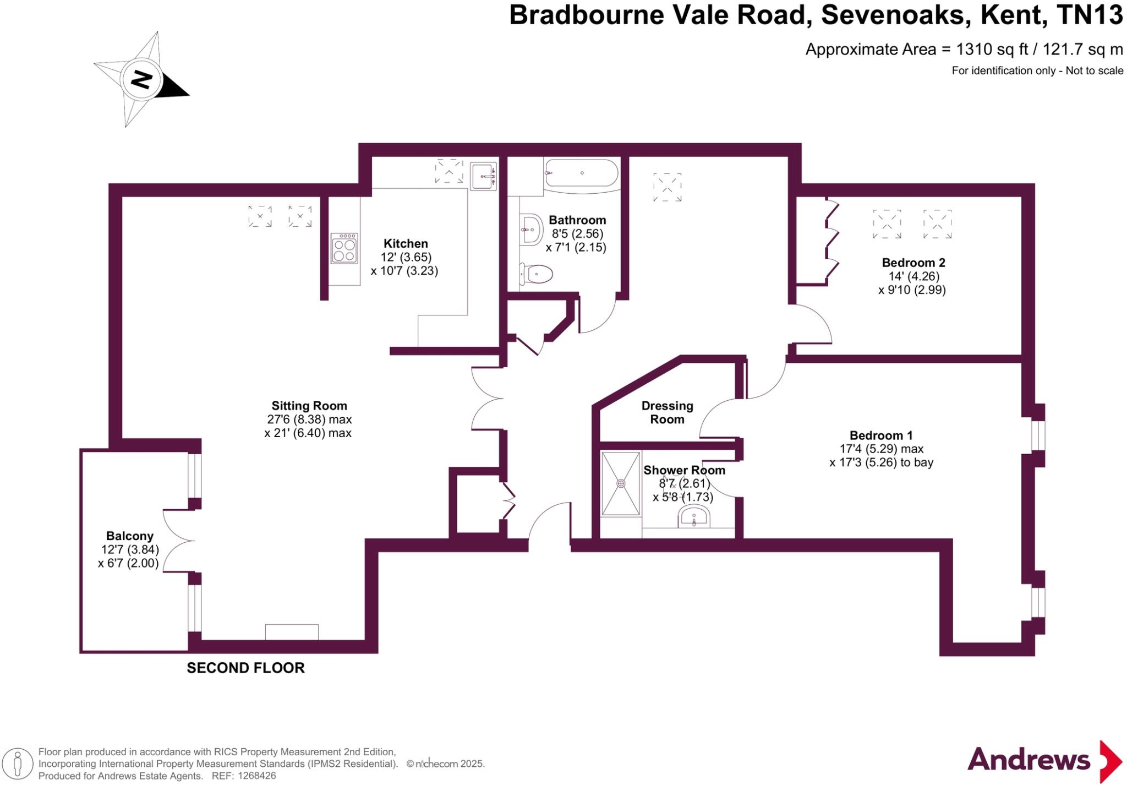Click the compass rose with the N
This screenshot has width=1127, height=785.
click(x=141, y=80)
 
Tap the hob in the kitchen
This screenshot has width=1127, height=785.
click(x=344, y=249)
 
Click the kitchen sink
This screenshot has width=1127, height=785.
click(x=483, y=176)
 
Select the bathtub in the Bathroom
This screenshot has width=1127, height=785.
click(x=581, y=173)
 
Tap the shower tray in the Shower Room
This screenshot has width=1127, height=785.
click(x=621, y=483)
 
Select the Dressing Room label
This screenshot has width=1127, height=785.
click(x=667, y=412)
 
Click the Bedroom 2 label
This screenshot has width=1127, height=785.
click(x=913, y=263)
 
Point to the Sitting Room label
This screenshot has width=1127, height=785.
click(x=309, y=406)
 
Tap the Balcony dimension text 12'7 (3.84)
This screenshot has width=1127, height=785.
click(x=130, y=549)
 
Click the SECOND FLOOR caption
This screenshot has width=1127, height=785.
click(x=245, y=668)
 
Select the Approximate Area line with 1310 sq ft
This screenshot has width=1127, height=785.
click(x=964, y=50)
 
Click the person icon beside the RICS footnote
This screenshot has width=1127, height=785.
click(x=18, y=764)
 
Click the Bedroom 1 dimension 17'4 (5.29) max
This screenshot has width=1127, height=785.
click(x=881, y=449)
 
